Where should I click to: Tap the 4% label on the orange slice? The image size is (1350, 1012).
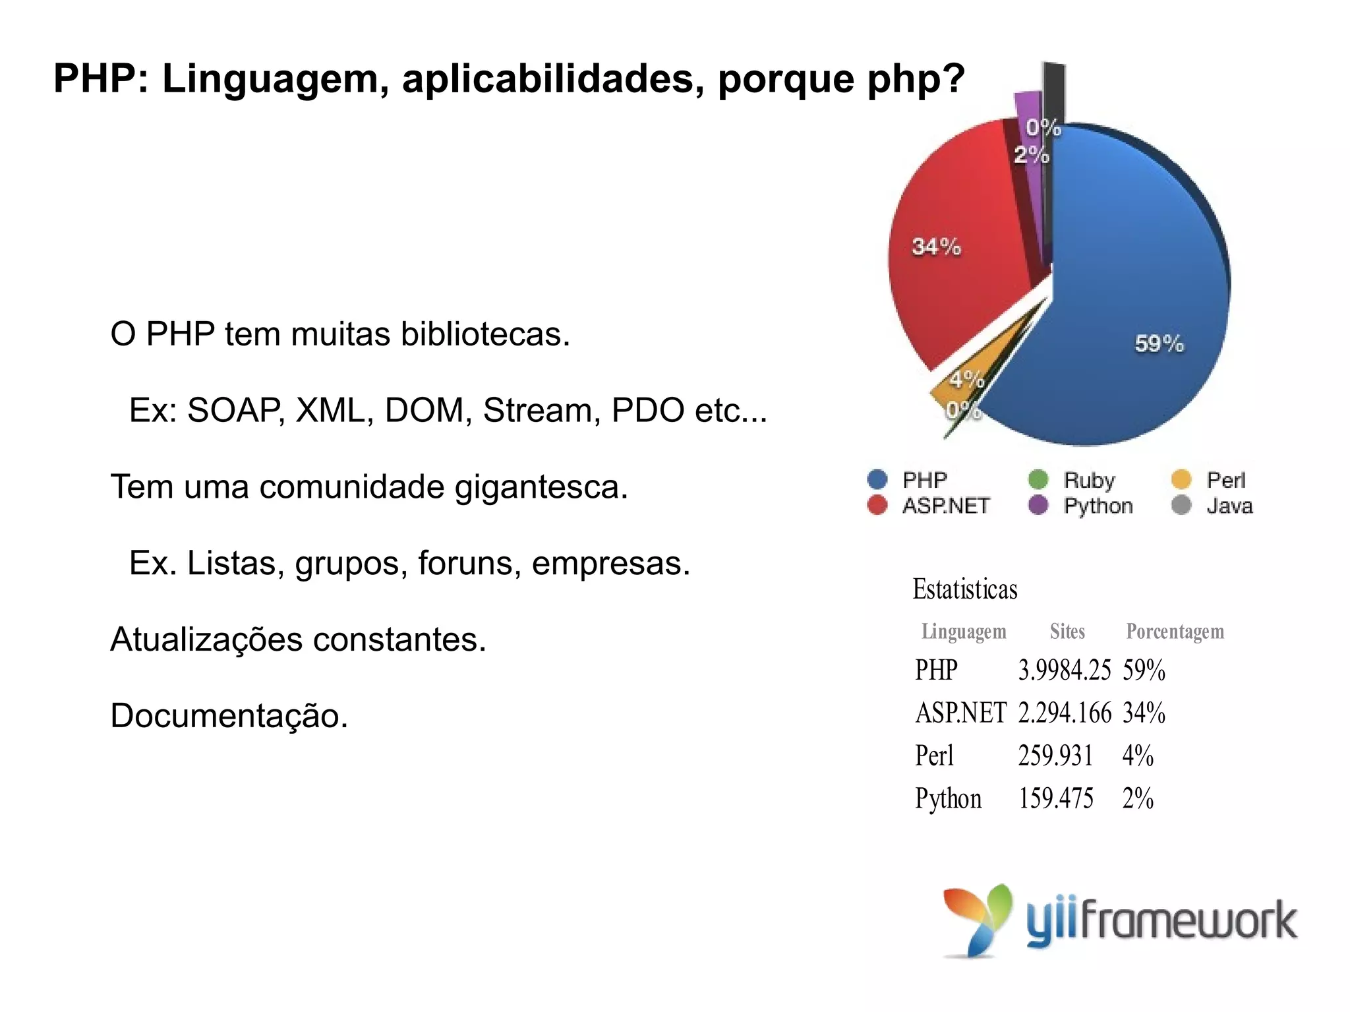point(967,380)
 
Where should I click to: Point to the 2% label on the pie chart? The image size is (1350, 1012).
point(1031,155)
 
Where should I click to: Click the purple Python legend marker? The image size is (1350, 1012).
point(1038,506)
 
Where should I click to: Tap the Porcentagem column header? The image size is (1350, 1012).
point(1175,632)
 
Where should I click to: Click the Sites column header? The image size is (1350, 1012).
point(1067,632)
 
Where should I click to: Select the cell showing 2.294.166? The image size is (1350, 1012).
point(1064,713)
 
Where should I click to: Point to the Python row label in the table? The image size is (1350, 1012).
point(948,799)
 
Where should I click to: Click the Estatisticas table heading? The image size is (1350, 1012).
point(965,589)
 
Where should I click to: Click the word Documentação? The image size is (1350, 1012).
point(229,716)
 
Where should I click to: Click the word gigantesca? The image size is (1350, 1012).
point(541,488)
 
